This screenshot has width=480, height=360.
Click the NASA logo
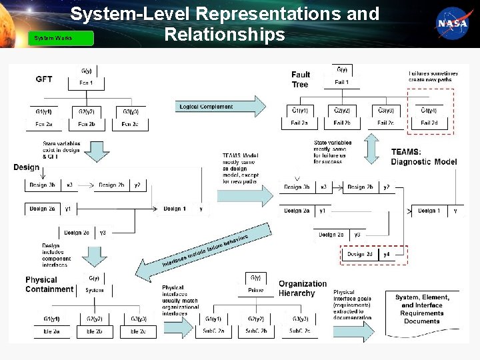[453, 23]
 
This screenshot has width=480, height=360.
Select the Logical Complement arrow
[220, 107]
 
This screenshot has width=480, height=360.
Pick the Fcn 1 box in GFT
[87, 83]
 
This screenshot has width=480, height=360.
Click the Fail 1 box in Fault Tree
[341, 81]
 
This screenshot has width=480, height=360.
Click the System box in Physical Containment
[94, 290]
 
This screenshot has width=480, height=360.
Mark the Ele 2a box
[51, 331]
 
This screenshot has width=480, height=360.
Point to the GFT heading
[44, 79]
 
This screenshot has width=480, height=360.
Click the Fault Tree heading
[301, 79]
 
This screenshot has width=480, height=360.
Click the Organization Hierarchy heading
[302, 289]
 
